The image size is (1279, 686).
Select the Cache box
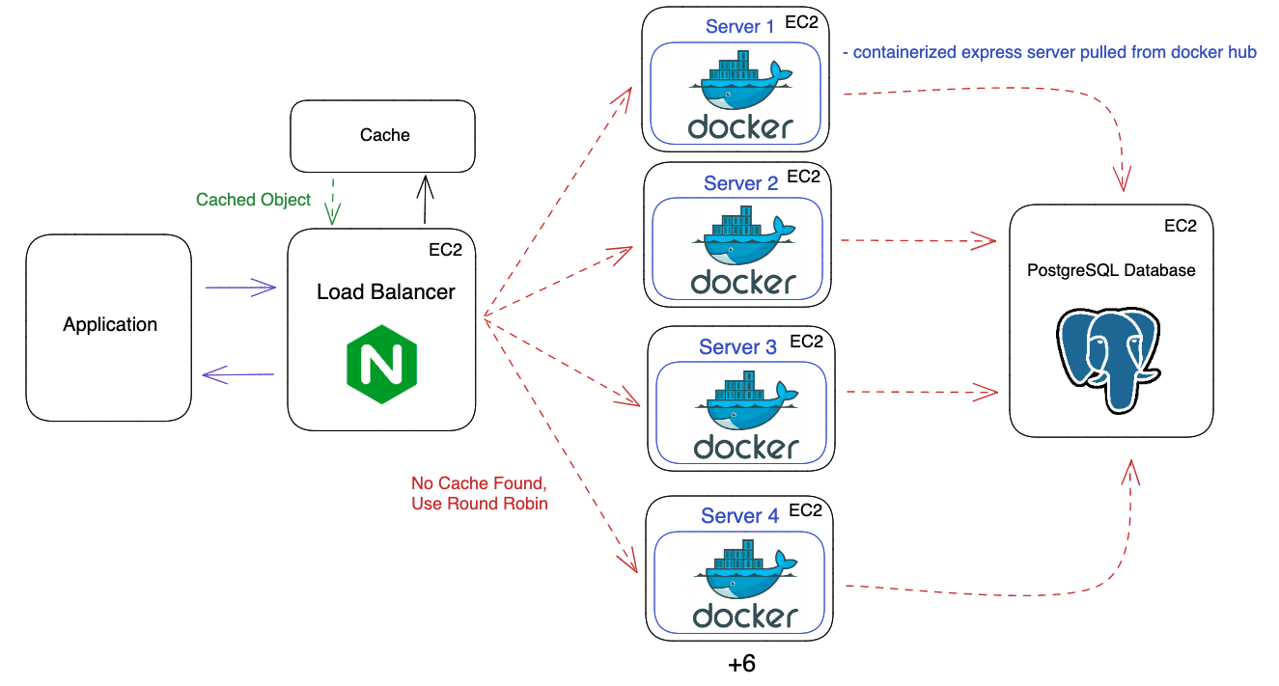coord(383,136)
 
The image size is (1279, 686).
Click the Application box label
coord(110,325)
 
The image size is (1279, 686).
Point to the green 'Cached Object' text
coord(253,200)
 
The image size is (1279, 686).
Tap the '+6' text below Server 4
coord(740,665)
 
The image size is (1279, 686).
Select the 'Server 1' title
coord(739,27)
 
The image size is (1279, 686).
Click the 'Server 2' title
coord(740,183)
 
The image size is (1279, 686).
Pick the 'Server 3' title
coord(737,347)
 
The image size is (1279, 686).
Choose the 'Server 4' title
coord(739,516)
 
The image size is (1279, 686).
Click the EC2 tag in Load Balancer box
coord(445,250)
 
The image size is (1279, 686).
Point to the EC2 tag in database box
coord(1180,226)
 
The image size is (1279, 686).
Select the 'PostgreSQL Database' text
coord(1111,270)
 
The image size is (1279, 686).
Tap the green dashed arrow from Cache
coord(333,201)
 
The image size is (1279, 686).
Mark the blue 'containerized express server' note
coord(1049,52)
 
